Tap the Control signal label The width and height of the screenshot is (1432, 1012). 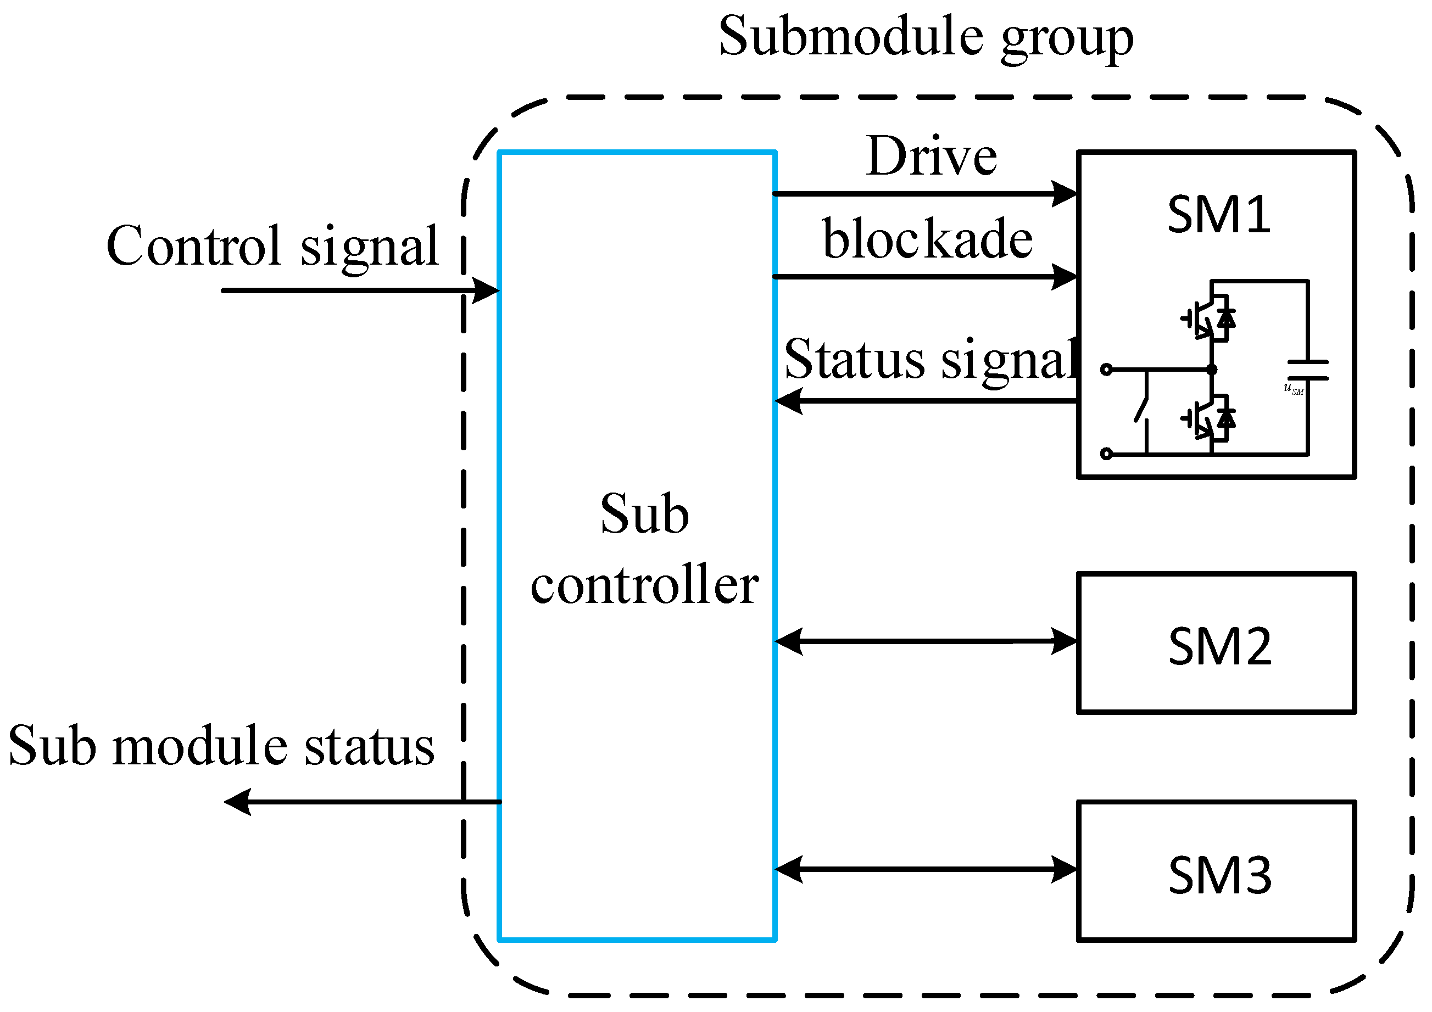(x=272, y=247)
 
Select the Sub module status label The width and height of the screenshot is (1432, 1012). (x=221, y=746)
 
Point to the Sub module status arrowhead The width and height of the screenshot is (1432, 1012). (x=237, y=802)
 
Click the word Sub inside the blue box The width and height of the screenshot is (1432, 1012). (x=644, y=515)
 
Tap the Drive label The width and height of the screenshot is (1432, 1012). (x=932, y=156)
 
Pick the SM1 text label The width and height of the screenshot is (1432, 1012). (x=1219, y=215)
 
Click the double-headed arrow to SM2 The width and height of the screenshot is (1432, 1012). (x=926, y=641)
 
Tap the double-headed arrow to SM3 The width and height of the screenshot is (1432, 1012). (x=926, y=869)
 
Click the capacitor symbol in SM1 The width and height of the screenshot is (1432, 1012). (x=1308, y=370)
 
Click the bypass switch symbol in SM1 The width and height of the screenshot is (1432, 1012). (x=1142, y=409)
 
